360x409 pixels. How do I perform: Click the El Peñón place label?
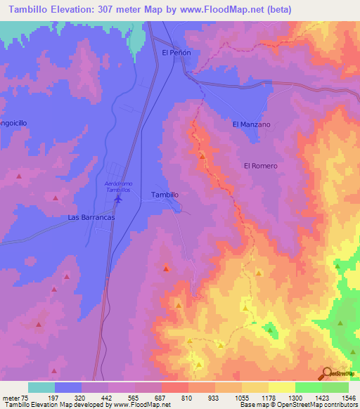176,53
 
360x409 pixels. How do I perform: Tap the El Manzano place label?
252,124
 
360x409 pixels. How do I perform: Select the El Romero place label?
260,166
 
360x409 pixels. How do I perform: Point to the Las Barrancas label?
91,218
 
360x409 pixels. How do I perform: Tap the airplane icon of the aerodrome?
117,200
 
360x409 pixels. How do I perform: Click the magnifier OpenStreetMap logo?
327,373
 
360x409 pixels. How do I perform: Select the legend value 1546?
348,398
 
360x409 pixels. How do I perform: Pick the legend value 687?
162,398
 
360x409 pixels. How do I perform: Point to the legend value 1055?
242,398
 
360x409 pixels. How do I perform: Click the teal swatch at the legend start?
41,387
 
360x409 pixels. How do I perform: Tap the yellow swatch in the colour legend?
282,387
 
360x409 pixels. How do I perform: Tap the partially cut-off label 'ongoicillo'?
13,122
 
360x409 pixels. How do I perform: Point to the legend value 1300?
295,398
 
